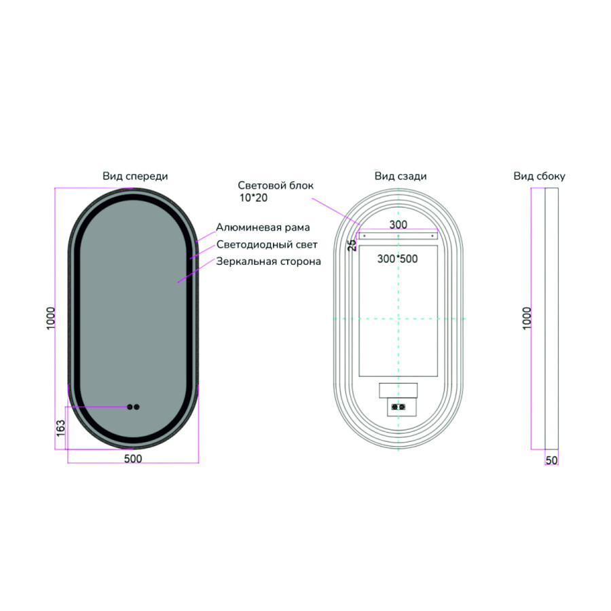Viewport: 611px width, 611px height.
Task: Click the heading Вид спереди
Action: (135, 176)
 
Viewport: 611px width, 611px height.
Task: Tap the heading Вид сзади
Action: (401, 176)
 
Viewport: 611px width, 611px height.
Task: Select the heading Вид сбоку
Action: (539, 176)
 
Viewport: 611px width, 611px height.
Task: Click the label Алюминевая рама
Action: (263, 227)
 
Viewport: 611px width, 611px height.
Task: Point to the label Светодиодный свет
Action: (267, 244)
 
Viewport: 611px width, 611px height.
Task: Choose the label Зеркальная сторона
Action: (268, 261)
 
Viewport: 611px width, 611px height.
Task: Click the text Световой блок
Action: (276, 185)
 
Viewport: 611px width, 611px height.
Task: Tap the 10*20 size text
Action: (253, 198)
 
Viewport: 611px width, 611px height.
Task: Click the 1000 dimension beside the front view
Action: (51, 318)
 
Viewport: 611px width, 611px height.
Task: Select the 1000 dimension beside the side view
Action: (527, 318)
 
